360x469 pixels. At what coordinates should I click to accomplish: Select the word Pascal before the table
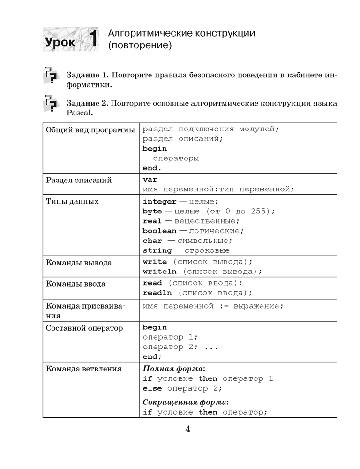coord(80,113)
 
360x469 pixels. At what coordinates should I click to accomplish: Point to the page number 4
coord(187,429)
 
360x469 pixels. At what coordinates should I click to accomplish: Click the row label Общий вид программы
coord(90,129)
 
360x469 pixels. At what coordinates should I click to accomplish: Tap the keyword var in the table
coord(150,180)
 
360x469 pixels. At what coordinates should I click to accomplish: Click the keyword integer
coord(159,201)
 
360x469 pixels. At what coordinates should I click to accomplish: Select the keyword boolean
coord(159,231)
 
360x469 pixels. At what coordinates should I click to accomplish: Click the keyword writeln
coord(159,272)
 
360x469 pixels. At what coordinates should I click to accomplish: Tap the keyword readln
coord(157,293)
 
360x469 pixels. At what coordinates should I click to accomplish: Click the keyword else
coord(152,388)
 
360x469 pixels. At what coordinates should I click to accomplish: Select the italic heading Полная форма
coord(173,368)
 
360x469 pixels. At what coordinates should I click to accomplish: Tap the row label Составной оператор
coord(84,328)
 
